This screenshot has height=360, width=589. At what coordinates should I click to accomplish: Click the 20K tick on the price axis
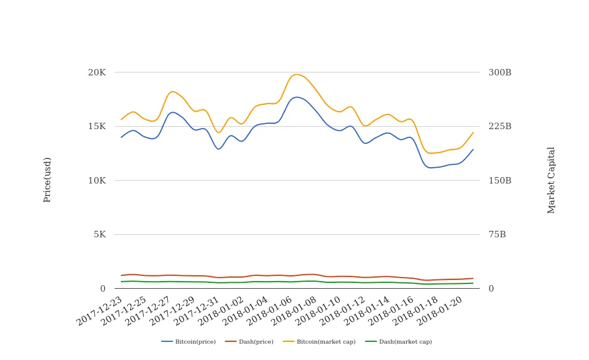(x=96, y=72)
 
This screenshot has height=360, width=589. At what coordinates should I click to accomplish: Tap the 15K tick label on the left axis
(x=96, y=126)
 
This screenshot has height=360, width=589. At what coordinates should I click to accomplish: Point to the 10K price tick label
(x=96, y=181)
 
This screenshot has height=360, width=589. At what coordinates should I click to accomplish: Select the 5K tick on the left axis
(x=99, y=234)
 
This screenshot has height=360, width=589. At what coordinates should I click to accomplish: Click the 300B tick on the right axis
(x=500, y=72)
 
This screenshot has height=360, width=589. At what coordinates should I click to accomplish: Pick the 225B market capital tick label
(x=500, y=126)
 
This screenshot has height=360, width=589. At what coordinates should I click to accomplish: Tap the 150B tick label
(x=500, y=181)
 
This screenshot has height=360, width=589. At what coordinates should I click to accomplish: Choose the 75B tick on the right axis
(x=497, y=234)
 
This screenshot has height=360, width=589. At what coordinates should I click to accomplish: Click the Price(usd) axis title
(x=47, y=179)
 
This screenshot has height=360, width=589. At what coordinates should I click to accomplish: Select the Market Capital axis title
(x=551, y=180)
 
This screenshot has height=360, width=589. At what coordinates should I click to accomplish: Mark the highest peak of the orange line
(x=297, y=74)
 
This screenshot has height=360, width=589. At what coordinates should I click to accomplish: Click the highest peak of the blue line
(x=297, y=97)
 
